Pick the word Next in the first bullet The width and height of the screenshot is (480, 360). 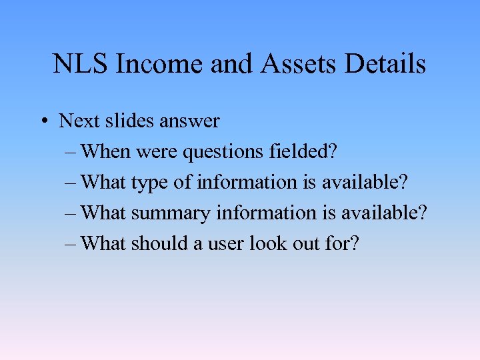coord(75,121)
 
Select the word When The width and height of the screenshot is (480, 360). coord(106,152)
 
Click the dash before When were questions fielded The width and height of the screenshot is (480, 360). coord(71,153)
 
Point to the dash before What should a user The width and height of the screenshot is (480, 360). coord(71,244)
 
